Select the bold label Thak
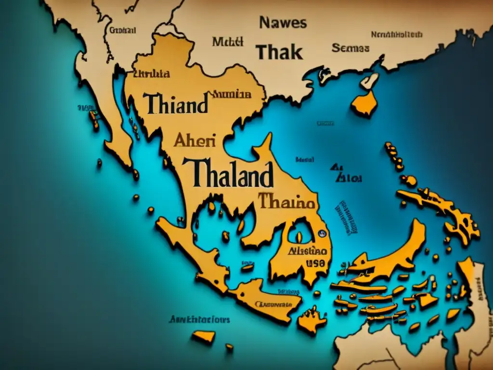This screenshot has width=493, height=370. pyautogui.click(x=279, y=52)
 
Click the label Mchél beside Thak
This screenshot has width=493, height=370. pyautogui.click(x=227, y=42)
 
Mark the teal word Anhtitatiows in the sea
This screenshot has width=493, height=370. pyautogui.click(x=199, y=319)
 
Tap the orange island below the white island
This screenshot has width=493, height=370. pyautogui.click(x=364, y=104)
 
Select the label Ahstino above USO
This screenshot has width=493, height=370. pyautogui.click(x=308, y=251)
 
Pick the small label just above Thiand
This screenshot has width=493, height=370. pyautogui.click(x=151, y=74)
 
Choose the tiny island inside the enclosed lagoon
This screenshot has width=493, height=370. pyautogui.click(x=298, y=237)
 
